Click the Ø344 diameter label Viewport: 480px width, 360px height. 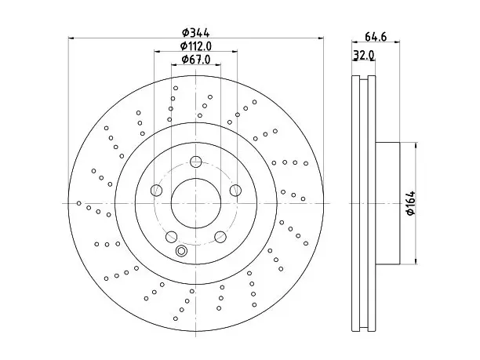pos(195,32)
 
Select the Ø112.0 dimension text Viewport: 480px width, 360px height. pos(195,46)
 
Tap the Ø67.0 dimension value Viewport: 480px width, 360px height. pos(195,60)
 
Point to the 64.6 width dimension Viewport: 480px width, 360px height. pos(376,37)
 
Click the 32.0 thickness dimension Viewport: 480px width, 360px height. pos(363,55)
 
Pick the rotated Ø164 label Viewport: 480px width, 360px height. pos(411,203)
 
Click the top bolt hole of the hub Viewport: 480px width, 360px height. pos(195,162)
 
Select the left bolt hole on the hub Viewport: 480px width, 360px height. pos(156,190)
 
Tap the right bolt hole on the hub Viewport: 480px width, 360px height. pos(235,190)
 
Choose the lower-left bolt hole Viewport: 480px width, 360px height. pos(172,237)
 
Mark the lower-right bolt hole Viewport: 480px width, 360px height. pos(220,237)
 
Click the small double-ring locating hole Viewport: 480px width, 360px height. pos(181,251)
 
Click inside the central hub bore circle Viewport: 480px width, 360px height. pos(196,203)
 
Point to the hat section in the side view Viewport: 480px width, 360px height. pos(387,203)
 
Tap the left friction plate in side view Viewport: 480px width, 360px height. pos(356,203)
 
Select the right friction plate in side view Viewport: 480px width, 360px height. pos(372,203)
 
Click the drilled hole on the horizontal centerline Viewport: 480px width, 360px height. pos(79,203)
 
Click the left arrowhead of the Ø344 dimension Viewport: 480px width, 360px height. pos(71,38)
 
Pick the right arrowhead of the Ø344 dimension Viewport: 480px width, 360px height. pos(321,38)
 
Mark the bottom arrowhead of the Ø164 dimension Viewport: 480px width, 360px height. pos(416,261)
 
